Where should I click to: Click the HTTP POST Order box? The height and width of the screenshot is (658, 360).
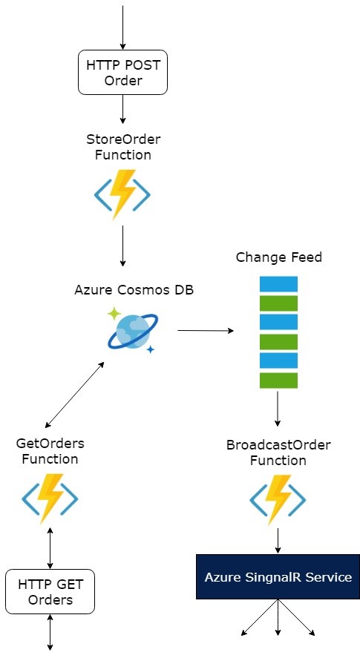click(122, 73)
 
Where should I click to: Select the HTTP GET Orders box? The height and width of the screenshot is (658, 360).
click(50, 591)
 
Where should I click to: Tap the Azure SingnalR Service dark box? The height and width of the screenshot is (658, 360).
click(278, 576)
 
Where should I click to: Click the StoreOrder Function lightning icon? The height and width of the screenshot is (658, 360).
click(122, 195)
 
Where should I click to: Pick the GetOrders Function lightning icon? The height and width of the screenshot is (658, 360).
click(50, 499)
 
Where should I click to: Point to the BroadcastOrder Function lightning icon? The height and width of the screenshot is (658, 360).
click(278, 499)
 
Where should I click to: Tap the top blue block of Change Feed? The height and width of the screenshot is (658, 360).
click(278, 284)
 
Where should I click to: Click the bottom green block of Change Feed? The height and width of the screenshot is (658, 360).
click(278, 381)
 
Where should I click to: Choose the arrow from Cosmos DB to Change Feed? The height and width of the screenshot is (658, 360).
click(204, 330)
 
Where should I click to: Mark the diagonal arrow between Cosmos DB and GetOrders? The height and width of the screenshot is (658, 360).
click(74, 395)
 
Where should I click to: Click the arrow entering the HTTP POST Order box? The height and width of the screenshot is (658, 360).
click(122, 26)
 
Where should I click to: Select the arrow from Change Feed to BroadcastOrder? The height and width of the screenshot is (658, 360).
click(278, 408)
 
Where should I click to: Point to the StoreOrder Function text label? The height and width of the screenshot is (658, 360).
click(122, 147)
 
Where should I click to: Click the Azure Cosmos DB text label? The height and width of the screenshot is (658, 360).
click(134, 290)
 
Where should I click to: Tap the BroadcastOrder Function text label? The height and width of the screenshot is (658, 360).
click(278, 453)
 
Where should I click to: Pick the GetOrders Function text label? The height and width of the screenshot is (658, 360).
click(50, 451)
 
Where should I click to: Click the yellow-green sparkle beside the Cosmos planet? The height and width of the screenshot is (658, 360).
click(114, 314)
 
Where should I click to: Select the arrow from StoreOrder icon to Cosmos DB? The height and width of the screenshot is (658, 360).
click(122, 246)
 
